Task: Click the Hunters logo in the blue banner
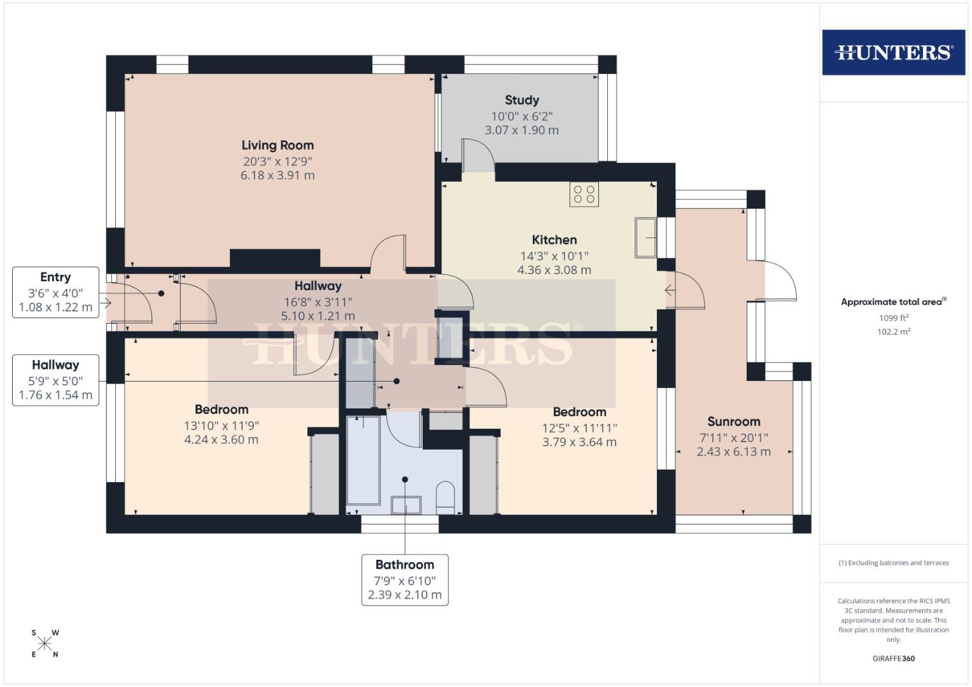pyautogui.click(x=893, y=52)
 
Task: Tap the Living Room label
pyautogui.click(x=278, y=145)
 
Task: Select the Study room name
pyautogui.click(x=522, y=100)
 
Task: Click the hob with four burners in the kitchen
pyautogui.click(x=584, y=195)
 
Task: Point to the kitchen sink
pyautogui.click(x=645, y=238)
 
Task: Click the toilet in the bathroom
pyautogui.click(x=445, y=497)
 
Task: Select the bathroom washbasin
pyautogui.click(x=406, y=505)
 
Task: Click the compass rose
pyautogui.click(x=45, y=644)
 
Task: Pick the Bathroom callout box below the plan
pyautogui.click(x=405, y=579)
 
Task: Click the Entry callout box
pyautogui.click(x=55, y=293)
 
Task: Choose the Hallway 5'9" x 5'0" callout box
pyautogui.click(x=55, y=380)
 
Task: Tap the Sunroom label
pyautogui.click(x=733, y=421)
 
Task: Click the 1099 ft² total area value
pyautogui.click(x=893, y=317)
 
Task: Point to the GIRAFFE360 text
pyautogui.click(x=893, y=658)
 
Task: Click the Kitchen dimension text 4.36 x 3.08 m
pyautogui.click(x=554, y=270)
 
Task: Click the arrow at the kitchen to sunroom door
pyautogui.click(x=670, y=291)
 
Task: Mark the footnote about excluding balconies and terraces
pyautogui.click(x=893, y=563)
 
